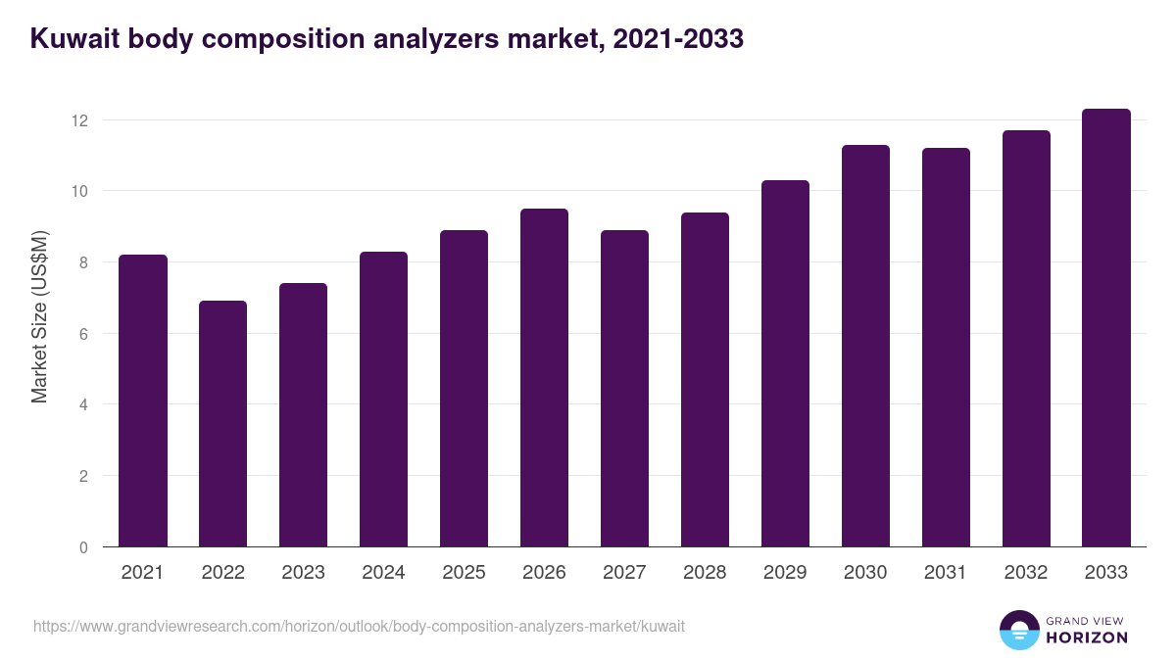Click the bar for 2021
click(143, 401)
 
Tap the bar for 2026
click(544, 378)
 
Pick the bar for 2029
click(785, 363)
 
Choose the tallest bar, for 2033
click(1106, 328)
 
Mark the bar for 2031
click(946, 348)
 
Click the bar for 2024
click(383, 400)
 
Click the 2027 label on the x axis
click(624, 573)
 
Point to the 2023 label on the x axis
click(303, 573)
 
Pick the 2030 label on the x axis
click(865, 573)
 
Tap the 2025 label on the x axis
click(464, 573)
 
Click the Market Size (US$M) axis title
click(39, 316)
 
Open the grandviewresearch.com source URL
click(359, 626)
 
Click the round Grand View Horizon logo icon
click(1018, 630)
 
